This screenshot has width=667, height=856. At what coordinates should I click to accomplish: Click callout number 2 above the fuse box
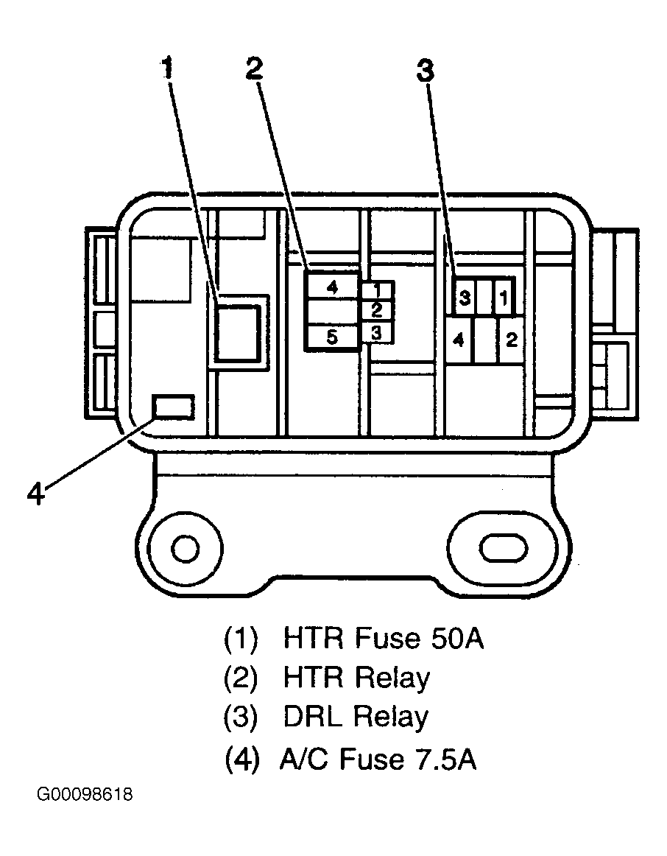tap(255, 69)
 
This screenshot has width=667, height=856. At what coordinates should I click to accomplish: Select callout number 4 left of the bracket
tap(36, 494)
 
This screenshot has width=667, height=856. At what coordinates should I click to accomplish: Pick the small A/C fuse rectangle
tap(174, 407)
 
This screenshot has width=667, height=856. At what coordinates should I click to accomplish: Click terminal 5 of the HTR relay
tap(332, 337)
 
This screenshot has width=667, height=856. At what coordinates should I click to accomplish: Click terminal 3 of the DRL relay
tap(464, 298)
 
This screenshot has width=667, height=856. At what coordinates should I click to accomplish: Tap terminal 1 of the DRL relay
tap(504, 298)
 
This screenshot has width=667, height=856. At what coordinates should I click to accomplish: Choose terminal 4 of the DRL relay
tap(458, 340)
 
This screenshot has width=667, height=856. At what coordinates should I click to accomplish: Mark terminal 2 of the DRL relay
tap(512, 340)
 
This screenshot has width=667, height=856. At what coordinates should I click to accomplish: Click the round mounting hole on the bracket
tap(185, 548)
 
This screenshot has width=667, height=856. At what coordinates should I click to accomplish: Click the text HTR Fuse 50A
tap(384, 638)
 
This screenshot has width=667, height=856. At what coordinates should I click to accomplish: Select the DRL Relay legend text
tap(356, 716)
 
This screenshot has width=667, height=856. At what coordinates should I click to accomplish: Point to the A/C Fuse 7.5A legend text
tap(378, 759)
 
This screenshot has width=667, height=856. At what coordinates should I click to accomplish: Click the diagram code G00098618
tap(85, 794)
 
